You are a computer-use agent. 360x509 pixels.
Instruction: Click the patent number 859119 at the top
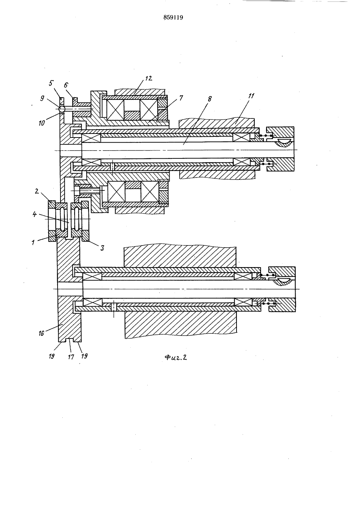(173, 18)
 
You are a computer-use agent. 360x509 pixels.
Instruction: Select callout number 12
(148, 78)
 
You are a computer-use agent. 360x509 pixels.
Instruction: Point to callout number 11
(251, 96)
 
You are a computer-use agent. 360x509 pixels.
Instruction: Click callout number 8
(210, 99)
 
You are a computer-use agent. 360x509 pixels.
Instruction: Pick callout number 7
(181, 98)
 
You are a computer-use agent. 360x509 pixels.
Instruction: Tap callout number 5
(51, 84)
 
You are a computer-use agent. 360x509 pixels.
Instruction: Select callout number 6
(66, 85)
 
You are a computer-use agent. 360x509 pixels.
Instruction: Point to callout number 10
(42, 123)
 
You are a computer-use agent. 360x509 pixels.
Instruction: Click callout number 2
(37, 191)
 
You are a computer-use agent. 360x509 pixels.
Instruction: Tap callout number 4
(35, 214)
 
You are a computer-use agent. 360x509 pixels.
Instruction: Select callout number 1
(33, 243)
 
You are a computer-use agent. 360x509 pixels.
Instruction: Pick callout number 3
(102, 248)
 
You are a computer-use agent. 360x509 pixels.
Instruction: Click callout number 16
(41, 334)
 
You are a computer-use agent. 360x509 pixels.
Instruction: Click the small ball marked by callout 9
(62, 109)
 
